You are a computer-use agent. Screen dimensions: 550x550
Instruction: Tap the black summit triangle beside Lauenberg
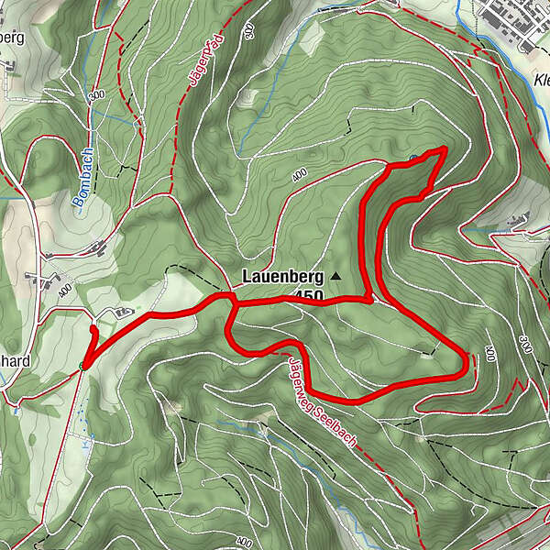335,275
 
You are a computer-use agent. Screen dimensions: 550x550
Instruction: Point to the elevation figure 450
309,295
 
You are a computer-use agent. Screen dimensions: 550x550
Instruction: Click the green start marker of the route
83,366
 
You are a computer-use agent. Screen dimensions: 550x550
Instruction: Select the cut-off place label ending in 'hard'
16,360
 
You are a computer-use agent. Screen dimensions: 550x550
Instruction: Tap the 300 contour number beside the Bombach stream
95,93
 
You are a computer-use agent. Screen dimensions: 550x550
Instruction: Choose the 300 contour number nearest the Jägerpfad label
249,31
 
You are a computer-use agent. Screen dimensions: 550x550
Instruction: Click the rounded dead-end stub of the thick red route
93,328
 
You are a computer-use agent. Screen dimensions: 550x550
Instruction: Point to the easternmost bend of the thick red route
467,363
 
